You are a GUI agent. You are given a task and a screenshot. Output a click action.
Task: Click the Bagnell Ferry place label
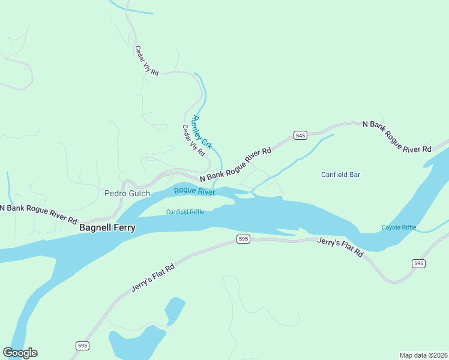click(107, 228)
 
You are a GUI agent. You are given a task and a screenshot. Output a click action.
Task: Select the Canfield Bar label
click(340, 175)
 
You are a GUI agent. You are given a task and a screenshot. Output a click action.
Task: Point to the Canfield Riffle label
click(185, 212)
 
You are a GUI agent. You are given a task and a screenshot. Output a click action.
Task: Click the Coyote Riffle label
click(399, 227)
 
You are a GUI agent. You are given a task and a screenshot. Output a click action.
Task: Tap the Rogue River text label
click(194, 191)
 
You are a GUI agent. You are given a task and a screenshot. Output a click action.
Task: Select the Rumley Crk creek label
click(202, 132)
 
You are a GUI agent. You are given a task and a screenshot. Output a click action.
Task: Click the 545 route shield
click(301, 136)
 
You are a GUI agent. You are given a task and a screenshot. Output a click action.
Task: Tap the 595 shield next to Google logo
click(83, 346)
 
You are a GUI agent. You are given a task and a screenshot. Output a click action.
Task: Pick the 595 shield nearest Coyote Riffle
click(418, 263)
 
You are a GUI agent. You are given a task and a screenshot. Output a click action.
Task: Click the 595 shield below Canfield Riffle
click(243, 239)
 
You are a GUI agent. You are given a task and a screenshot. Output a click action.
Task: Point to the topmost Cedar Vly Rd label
click(146, 61)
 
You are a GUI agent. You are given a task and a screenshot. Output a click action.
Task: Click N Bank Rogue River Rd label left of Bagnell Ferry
click(38, 213)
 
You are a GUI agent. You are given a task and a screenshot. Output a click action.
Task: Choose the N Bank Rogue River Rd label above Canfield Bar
click(397, 137)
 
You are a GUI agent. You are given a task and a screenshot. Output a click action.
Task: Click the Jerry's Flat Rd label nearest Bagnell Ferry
click(153, 278)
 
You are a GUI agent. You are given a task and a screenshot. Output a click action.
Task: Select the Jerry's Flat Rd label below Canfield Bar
click(340, 247)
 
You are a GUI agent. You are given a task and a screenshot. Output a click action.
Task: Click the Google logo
click(20, 353)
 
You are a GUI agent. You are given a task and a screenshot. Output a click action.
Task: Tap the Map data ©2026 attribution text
click(423, 355)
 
